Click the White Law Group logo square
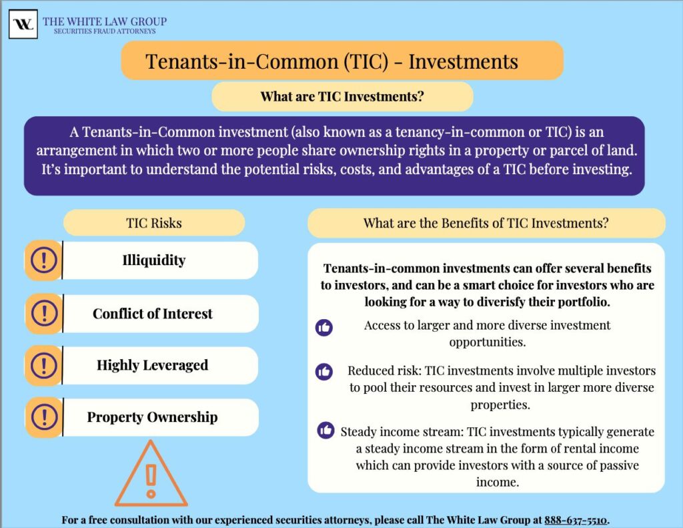[x=23, y=24]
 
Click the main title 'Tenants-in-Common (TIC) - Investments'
[x=331, y=61]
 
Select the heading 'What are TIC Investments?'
[x=342, y=97]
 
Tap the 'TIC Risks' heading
[x=153, y=223]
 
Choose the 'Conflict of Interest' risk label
[x=153, y=314]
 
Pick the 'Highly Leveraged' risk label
[x=153, y=365]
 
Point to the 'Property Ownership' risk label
[x=153, y=417]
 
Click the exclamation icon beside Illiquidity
[x=44, y=260]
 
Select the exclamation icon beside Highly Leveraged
[x=44, y=366]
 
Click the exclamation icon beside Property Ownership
[x=44, y=417]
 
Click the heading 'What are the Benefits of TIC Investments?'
[x=486, y=223]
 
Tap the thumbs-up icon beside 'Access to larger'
[x=324, y=327]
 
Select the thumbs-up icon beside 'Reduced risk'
[x=324, y=372]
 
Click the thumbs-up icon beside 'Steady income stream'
[x=326, y=431]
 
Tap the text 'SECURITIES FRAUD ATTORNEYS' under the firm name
[x=105, y=31]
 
